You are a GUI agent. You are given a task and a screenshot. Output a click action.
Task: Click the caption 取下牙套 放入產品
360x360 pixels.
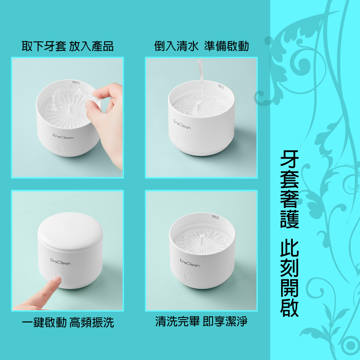(x=67, y=46)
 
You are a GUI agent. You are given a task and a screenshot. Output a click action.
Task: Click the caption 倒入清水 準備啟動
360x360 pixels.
(x=202, y=46)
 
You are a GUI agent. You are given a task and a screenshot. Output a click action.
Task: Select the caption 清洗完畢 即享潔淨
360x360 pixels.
(x=202, y=321)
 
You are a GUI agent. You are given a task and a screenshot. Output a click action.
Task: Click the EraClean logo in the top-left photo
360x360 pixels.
(x=63, y=137)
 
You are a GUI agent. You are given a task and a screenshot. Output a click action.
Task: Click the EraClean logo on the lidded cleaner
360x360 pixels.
(x=60, y=261)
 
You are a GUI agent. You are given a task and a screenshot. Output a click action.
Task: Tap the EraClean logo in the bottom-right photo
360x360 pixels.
(x=189, y=263)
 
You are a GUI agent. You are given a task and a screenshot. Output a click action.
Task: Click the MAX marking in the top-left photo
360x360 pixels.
(x=76, y=83)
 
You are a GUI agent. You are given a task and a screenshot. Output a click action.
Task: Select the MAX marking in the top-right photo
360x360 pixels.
(x=221, y=87)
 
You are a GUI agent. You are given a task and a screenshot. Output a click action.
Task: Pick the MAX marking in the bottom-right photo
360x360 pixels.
(x=216, y=216)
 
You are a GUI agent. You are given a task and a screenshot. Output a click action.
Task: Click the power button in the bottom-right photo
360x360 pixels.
(x=188, y=276)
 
